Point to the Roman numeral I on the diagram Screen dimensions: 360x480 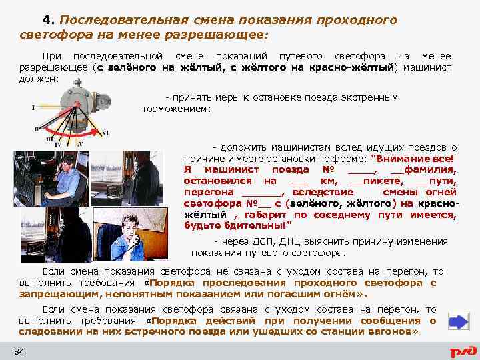click(x=33, y=107)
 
